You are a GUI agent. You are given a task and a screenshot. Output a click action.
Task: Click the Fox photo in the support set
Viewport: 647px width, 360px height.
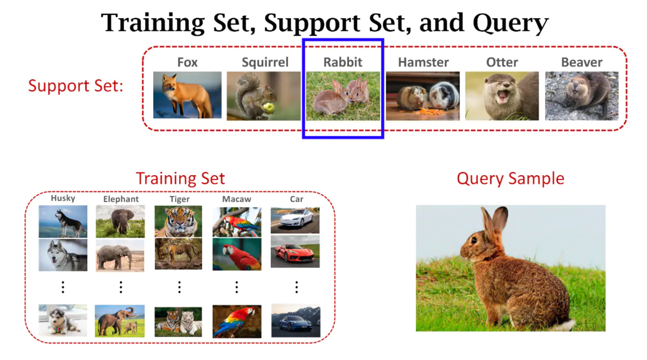click(x=187, y=95)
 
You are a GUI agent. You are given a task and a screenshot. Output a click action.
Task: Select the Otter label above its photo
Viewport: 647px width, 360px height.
click(x=502, y=62)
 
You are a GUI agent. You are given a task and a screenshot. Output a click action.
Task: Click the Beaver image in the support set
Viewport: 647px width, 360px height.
click(x=581, y=95)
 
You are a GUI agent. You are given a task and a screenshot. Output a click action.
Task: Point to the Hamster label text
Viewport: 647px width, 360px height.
click(x=423, y=62)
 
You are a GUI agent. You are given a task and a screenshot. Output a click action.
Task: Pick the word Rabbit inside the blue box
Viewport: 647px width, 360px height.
click(x=343, y=62)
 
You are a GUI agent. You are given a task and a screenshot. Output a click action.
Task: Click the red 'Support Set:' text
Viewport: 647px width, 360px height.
click(x=75, y=86)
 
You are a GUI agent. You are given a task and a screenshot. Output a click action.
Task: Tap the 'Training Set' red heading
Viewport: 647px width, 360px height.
click(x=180, y=178)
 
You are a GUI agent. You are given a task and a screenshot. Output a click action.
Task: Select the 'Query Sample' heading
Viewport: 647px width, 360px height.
click(x=510, y=178)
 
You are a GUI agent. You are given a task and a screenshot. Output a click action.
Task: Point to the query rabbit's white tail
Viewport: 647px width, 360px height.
click(x=566, y=324)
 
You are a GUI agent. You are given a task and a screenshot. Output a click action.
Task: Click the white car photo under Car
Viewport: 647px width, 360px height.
click(x=295, y=219)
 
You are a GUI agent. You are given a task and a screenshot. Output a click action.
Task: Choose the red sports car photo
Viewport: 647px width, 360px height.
click(x=295, y=252)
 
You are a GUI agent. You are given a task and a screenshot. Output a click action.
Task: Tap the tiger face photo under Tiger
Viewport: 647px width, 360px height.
click(x=178, y=221)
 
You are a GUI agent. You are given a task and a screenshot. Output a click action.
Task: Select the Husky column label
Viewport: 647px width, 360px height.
click(x=63, y=198)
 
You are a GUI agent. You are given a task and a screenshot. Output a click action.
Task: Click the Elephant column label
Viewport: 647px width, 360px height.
click(x=121, y=199)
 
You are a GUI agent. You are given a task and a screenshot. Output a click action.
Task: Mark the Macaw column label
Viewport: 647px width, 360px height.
click(x=237, y=199)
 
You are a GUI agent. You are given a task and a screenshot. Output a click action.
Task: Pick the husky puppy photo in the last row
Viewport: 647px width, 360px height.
click(x=63, y=321)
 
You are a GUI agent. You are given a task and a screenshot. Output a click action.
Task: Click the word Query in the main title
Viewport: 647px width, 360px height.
click(x=511, y=23)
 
